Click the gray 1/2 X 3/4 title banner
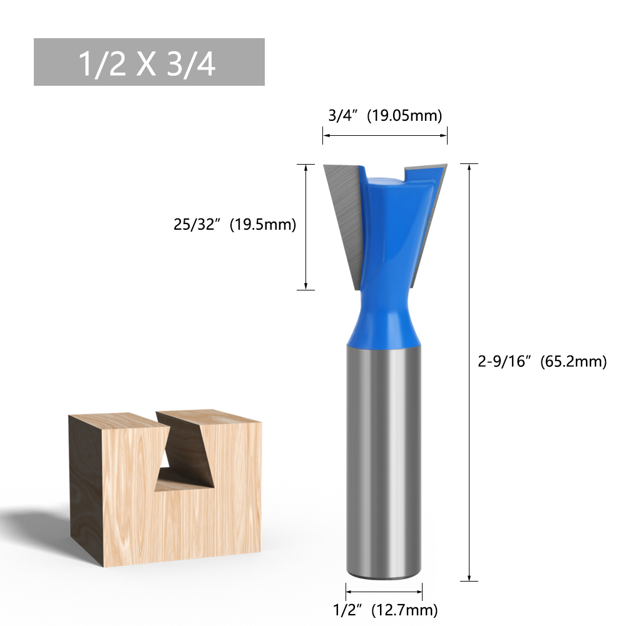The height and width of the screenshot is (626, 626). pos(149,62)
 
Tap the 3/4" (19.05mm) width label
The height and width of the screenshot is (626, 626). pos(385,115)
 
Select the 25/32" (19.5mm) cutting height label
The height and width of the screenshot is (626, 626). pos(235,224)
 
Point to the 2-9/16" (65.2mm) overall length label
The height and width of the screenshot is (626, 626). pos(542,361)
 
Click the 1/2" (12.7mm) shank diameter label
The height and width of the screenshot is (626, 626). pos(385,610)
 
